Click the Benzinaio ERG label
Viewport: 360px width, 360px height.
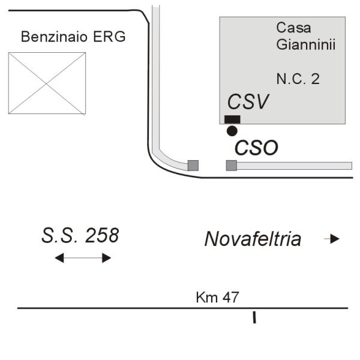(73, 37)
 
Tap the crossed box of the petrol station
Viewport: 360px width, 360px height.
(47, 82)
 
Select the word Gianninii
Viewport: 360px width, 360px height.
(304, 44)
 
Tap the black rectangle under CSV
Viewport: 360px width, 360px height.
(232, 118)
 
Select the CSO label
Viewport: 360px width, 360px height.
(256, 148)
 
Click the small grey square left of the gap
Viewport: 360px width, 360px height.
(193, 166)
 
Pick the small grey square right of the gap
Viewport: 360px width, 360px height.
(231, 166)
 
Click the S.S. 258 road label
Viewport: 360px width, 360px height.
(80, 235)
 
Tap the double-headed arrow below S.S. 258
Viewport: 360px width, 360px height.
(83, 258)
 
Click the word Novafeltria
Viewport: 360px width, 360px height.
(253, 239)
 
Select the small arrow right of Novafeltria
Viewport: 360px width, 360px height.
(332, 239)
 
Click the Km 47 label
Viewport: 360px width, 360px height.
(218, 298)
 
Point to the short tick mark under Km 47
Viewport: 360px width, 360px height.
(254, 317)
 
